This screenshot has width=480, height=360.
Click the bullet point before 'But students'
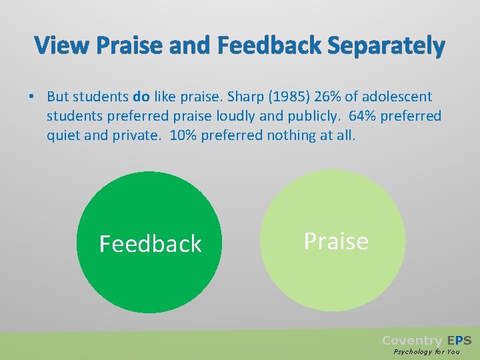tap(31, 97)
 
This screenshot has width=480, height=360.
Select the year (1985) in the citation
tap(292, 97)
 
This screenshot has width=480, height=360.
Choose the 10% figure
tap(183, 135)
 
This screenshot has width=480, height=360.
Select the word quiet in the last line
tap(64, 135)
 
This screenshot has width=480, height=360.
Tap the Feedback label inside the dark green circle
tap(150, 244)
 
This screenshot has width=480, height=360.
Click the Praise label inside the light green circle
tap(335, 241)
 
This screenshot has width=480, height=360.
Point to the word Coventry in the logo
tap(411, 340)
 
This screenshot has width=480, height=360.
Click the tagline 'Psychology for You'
tap(427, 351)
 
